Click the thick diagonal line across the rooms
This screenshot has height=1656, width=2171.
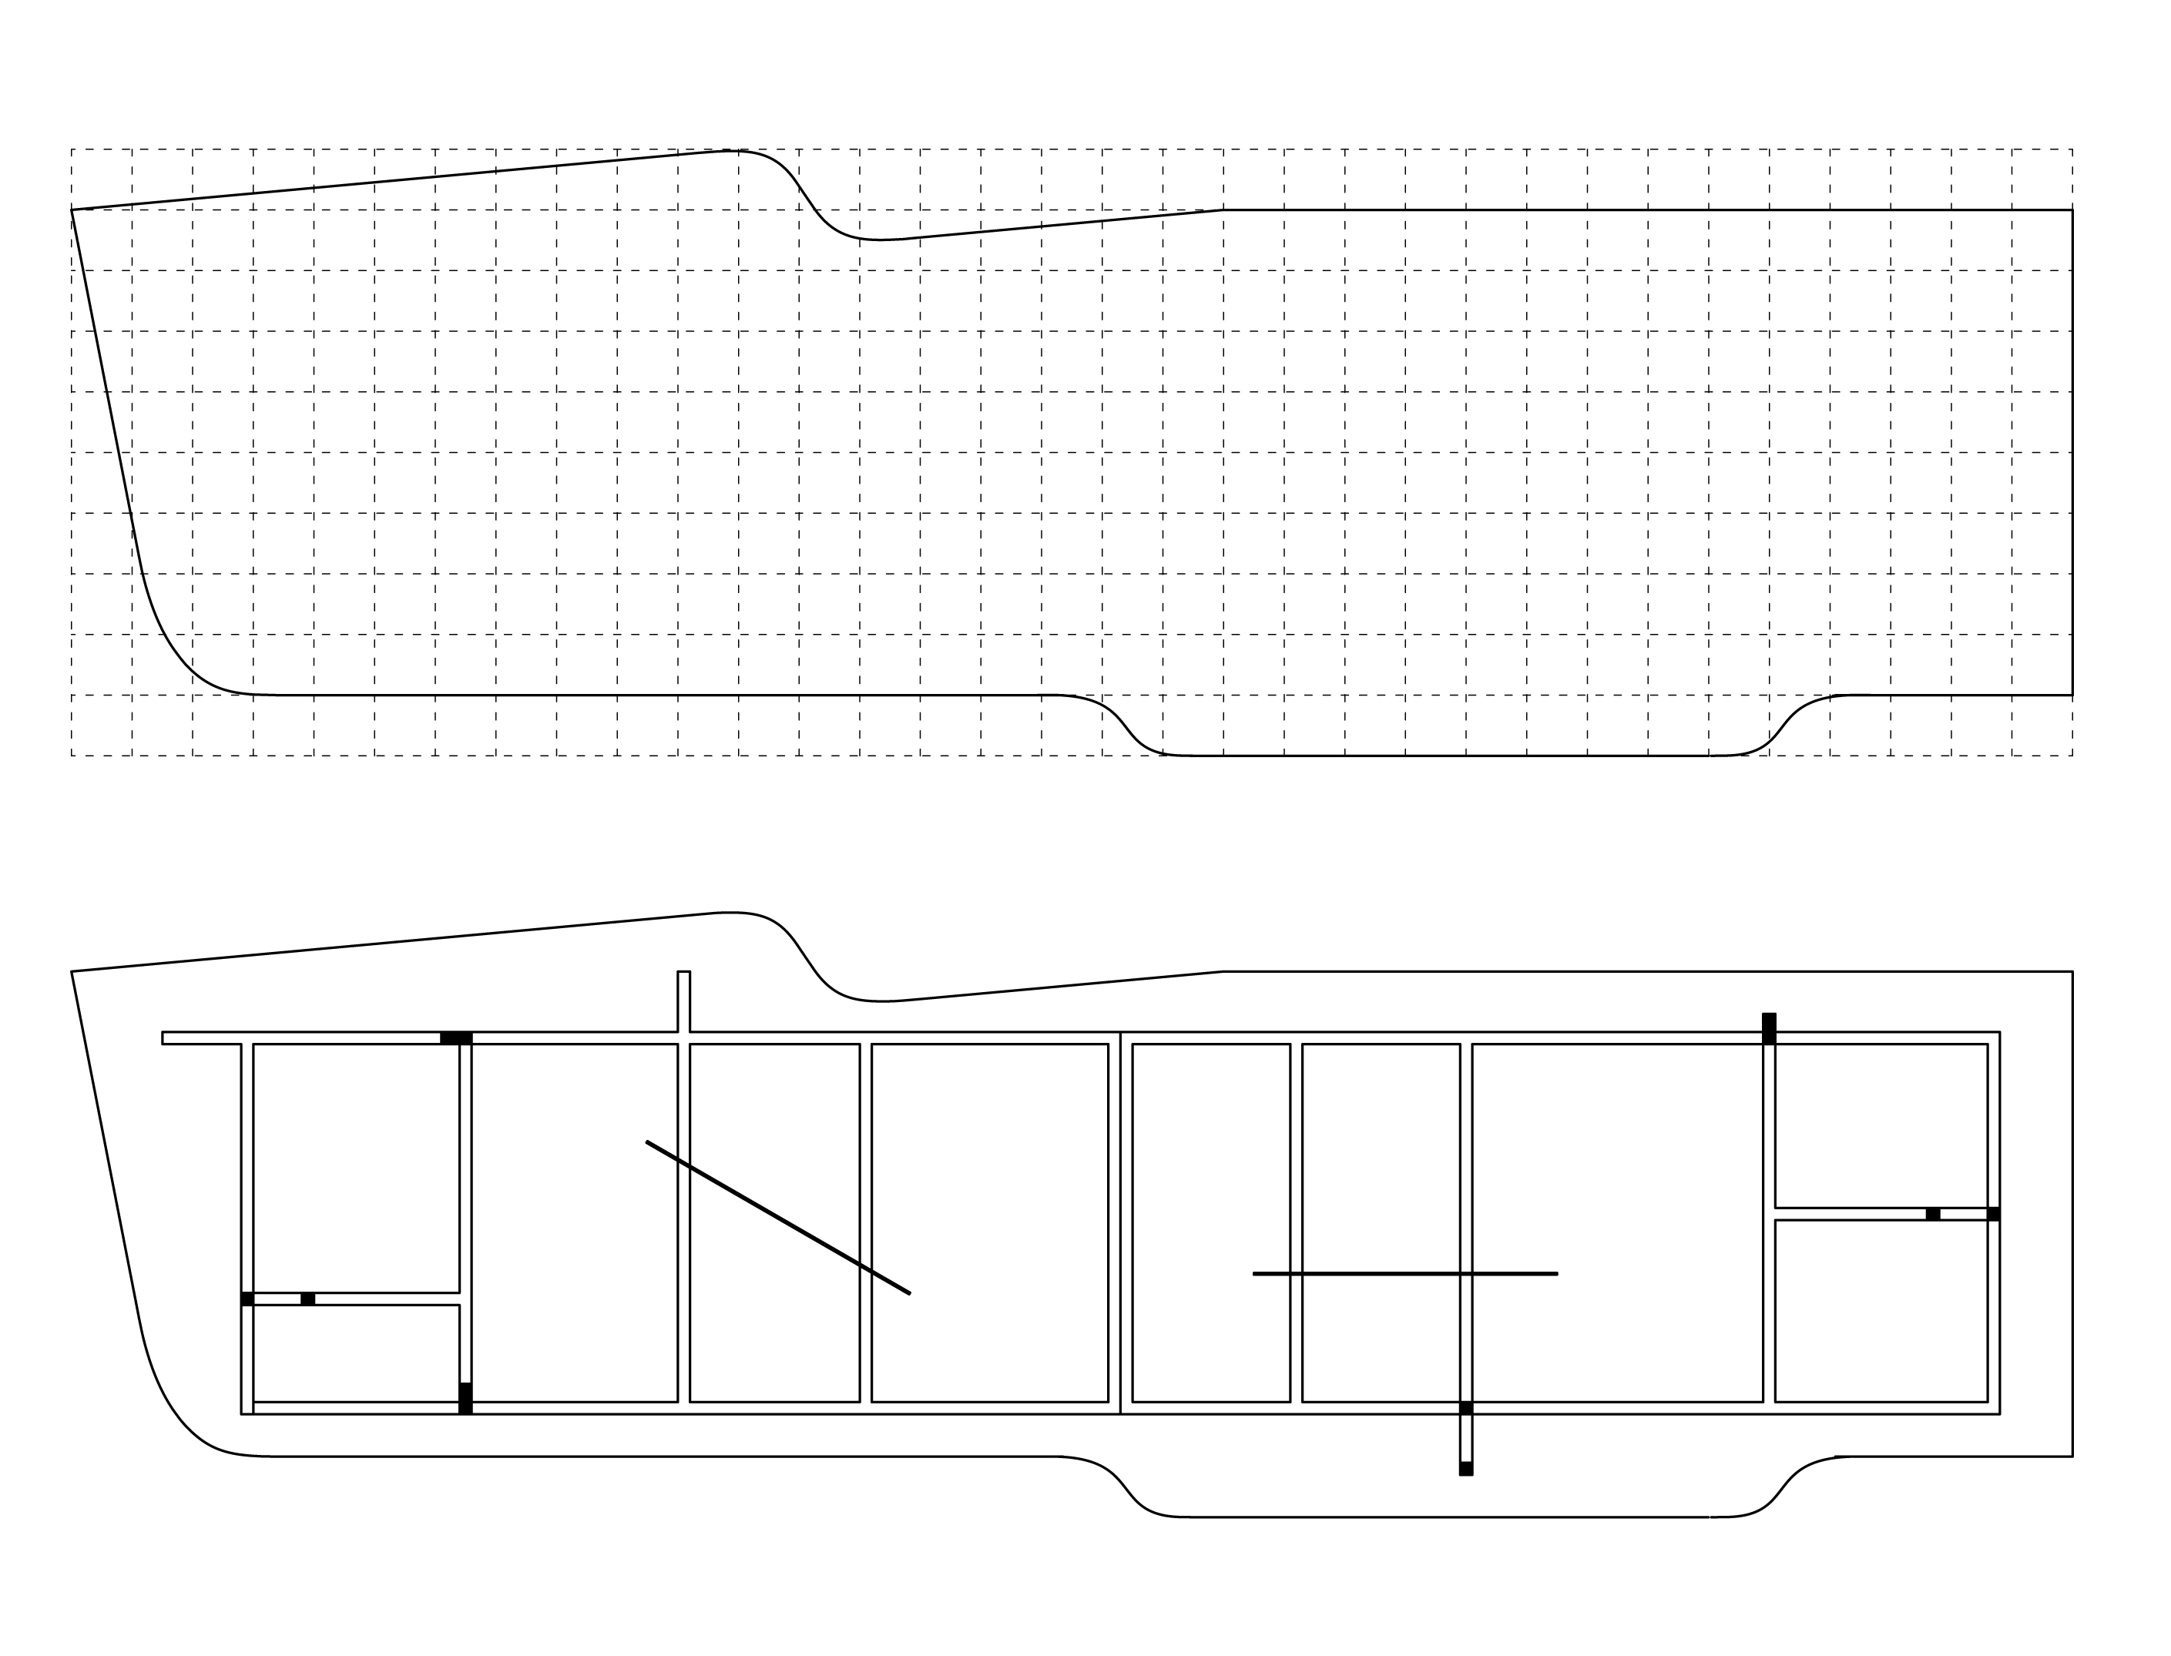(x=778, y=1218)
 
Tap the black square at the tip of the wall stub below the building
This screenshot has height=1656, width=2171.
(x=1466, y=1469)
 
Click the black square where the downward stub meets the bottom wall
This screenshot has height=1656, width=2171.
(x=1466, y=1408)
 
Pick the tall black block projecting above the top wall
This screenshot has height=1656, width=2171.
(x=1769, y=1027)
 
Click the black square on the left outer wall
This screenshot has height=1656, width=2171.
(x=247, y=1299)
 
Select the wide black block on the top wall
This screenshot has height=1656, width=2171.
(x=455, y=1038)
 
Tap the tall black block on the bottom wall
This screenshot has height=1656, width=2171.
(x=465, y=1398)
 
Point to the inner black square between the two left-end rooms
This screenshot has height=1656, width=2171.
(x=307, y=1299)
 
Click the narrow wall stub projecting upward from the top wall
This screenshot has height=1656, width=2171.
(x=683, y=1001)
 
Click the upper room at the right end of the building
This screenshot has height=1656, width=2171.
(x=1880, y=1125)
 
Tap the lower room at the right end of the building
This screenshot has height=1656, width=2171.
(x=1880, y=1310)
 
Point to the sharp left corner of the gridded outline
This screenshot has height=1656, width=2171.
(x=72, y=210)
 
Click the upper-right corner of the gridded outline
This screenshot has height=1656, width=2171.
(x=2072, y=210)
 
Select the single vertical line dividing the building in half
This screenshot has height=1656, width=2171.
(x=1120, y=1222)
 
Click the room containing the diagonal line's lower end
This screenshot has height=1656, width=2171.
(x=989, y=1222)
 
